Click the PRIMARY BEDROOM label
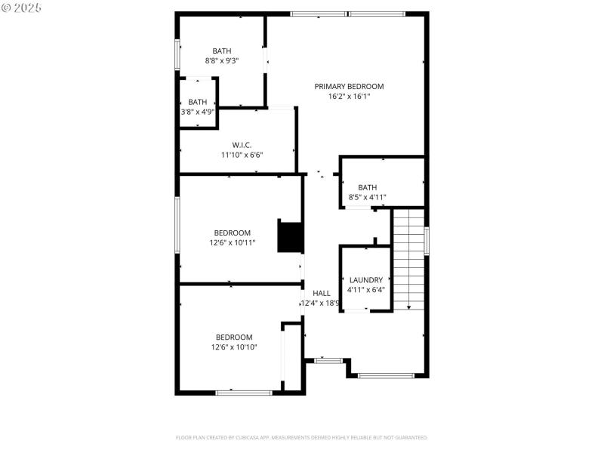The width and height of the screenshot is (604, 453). tap(349, 87)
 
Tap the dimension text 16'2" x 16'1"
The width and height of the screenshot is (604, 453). tap(349, 97)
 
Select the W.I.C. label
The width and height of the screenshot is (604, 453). tap(242, 145)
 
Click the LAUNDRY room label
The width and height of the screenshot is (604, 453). tap(365, 279)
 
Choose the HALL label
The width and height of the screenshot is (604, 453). tap(322, 293)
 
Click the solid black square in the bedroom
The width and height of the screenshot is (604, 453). tap(290, 236)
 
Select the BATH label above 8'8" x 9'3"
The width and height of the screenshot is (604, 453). tap(222, 51)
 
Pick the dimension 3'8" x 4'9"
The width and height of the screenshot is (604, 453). tap(198, 112)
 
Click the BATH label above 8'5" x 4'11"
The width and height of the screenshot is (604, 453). tap(368, 187)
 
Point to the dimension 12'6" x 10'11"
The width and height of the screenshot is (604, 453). tap(233, 243)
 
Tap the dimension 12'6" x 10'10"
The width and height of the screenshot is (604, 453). tap(234, 347)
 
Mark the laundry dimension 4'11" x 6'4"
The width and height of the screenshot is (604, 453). tap(366, 289)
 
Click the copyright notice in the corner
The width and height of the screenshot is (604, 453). tap(21, 7)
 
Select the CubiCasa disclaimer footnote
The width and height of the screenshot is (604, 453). tap(302, 437)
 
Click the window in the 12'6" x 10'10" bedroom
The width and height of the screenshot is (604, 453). tap(244, 393)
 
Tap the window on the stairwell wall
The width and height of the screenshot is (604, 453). tap(427, 241)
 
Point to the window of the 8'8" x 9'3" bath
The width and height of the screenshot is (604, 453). tap(177, 54)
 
